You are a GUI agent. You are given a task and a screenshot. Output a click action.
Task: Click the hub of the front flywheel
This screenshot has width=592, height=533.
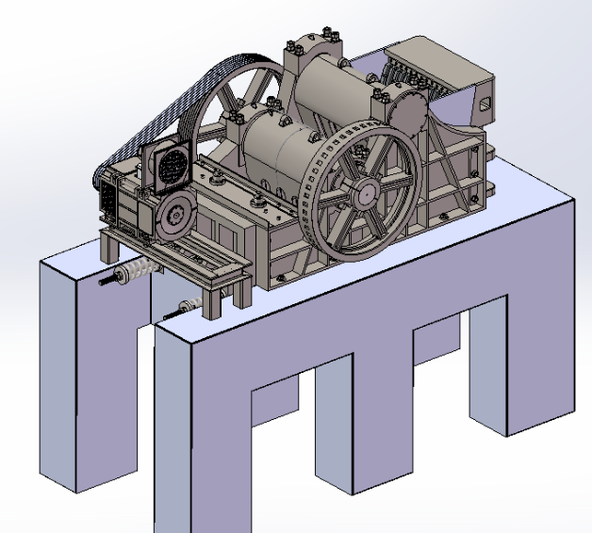(x=364, y=194)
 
